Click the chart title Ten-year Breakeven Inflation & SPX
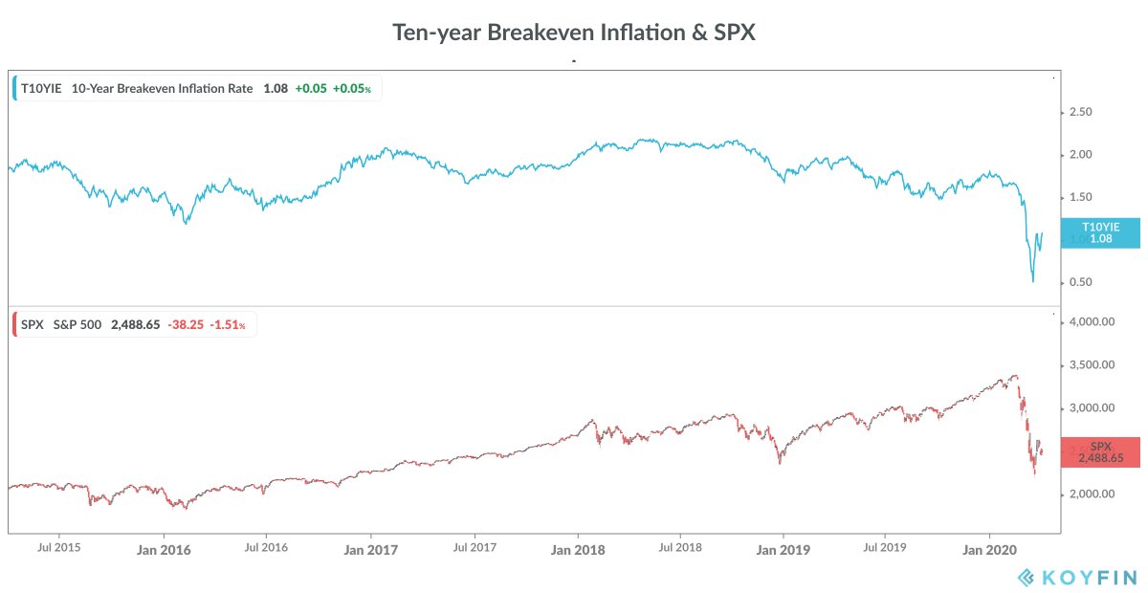click(574, 32)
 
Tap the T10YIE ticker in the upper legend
click(41, 88)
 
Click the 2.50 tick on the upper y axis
click(1079, 112)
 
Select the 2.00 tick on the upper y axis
click(1079, 155)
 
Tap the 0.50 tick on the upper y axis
click(1079, 282)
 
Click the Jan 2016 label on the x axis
click(164, 550)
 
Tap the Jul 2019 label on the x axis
click(885, 549)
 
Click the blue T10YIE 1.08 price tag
click(1099, 232)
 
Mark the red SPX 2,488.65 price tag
click(1100, 452)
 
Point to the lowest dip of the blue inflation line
click(1033, 281)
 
